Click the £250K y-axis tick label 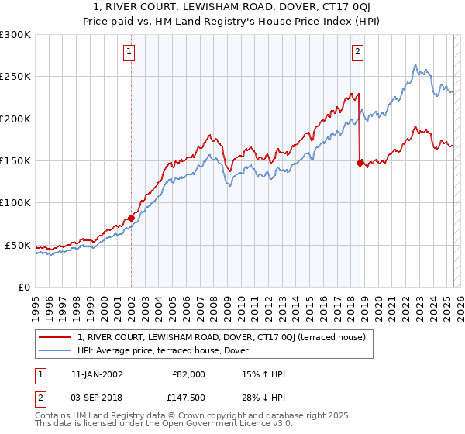[x=15, y=77]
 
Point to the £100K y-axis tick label [x=15, y=203]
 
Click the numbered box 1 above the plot [x=129, y=53]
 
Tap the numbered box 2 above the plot [x=357, y=53]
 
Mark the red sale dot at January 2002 [x=131, y=219]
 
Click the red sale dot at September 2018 [x=360, y=163]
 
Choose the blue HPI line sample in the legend [x=56, y=350]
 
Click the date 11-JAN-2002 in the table [x=93, y=374]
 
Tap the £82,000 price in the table [x=188, y=374]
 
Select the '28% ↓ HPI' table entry [x=263, y=398]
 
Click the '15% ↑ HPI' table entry [x=263, y=374]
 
